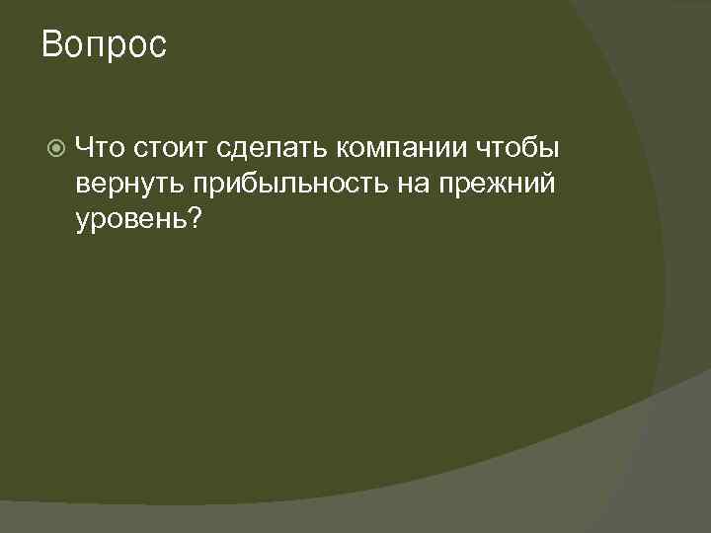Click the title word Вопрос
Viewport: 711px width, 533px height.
point(105,45)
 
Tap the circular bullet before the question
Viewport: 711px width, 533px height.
point(56,148)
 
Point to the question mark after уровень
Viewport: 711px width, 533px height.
point(195,218)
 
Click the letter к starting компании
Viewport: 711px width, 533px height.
point(342,149)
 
